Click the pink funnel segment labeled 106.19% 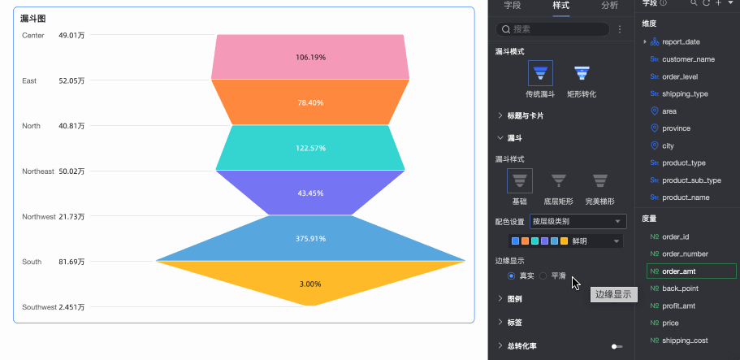tap(310, 57)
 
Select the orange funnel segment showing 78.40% tap(310, 102)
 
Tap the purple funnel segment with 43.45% tap(310, 193)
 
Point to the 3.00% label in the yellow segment tap(310, 284)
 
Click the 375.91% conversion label tap(310, 239)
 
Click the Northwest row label tap(39, 216)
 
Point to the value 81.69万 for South tap(71, 262)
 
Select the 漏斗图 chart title tap(32, 19)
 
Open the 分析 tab tap(610, 6)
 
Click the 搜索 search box tap(552, 29)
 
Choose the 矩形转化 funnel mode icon tap(582, 73)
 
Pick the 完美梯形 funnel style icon tap(599, 181)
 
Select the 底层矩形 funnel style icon tap(559, 181)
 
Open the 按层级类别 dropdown tap(578, 221)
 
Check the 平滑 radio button tap(543, 276)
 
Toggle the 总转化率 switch tap(617, 346)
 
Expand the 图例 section tap(514, 298)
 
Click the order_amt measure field tap(691, 271)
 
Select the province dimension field tap(677, 128)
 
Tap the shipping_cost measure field tap(685, 340)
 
